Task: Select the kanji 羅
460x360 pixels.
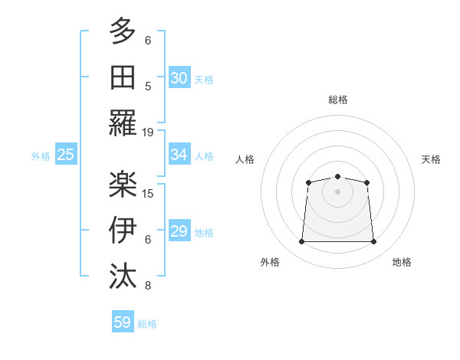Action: [123, 123]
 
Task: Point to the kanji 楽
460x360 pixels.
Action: [123, 182]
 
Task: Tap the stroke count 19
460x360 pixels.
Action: [148, 132]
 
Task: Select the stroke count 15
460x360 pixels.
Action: [148, 192]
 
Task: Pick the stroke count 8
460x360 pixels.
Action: [148, 286]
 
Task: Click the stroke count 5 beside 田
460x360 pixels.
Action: [148, 86]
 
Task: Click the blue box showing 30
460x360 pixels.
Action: [179, 77]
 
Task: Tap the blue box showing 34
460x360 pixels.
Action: [179, 155]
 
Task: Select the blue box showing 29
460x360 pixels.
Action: [179, 231]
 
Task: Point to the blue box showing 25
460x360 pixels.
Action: [65, 155]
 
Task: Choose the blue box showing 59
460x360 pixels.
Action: [123, 322]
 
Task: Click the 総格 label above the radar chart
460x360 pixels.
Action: [337, 100]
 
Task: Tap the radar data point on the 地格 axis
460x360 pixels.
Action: [373, 242]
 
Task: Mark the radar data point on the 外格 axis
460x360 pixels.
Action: [301, 242]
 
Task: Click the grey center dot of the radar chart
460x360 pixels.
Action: [337, 191]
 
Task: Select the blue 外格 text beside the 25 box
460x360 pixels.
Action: [41, 156]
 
